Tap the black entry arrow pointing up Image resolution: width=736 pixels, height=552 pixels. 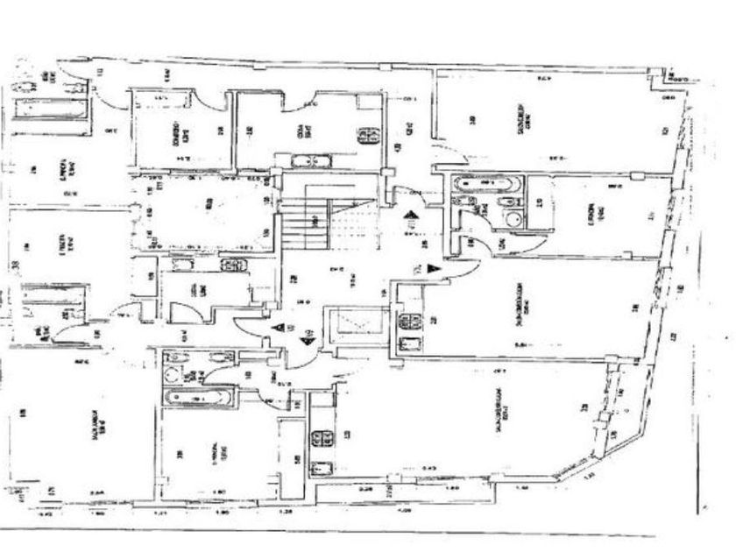point(407,216)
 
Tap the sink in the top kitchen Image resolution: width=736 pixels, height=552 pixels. point(308,160)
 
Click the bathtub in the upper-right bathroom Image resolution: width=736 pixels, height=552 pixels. point(487,185)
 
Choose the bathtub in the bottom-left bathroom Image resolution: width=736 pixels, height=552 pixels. point(197,397)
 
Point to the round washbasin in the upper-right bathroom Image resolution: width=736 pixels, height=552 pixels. point(513,219)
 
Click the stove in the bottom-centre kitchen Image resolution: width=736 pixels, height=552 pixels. point(322,436)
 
